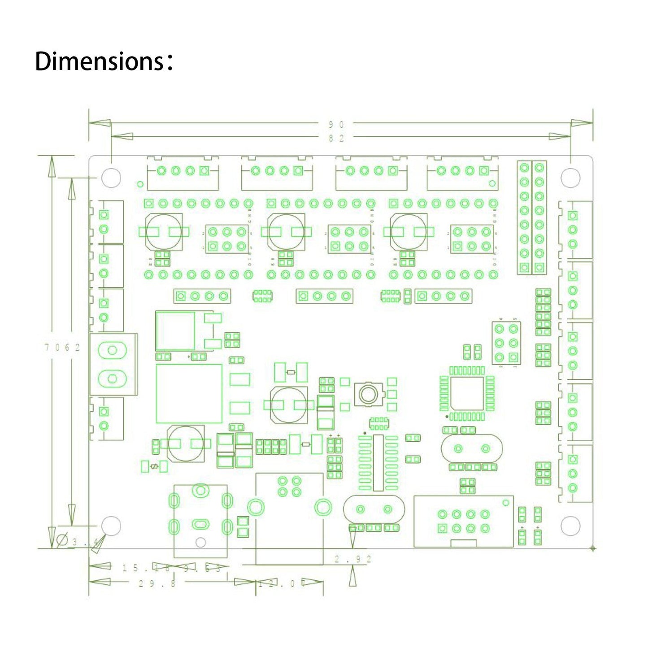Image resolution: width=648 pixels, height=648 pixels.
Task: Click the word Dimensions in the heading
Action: (99, 61)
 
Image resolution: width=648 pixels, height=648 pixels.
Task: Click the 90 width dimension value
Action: (336, 125)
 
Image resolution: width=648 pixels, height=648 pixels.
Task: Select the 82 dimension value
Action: (336, 138)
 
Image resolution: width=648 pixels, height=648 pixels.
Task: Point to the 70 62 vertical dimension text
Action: (62, 347)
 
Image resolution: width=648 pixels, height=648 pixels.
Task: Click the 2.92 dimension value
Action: (353, 559)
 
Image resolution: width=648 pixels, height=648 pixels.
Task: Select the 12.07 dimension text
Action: (282, 583)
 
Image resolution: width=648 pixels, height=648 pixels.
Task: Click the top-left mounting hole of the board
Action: (111, 178)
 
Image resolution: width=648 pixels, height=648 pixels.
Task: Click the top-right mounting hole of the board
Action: (570, 178)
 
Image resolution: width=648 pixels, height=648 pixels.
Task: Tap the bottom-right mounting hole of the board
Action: (570, 526)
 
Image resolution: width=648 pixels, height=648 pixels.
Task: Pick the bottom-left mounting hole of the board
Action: (111, 526)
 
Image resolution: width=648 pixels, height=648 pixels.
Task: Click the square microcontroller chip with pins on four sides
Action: (467, 393)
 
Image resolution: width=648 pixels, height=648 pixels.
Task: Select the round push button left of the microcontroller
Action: (368, 394)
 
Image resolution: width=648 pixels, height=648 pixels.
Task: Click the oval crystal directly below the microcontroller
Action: (472, 448)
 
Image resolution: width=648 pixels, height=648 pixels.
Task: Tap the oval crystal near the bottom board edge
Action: (374, 509)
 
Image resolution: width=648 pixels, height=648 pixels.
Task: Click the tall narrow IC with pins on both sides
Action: (378, 463)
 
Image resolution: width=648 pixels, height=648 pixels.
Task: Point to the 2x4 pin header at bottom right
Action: (463, 521)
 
